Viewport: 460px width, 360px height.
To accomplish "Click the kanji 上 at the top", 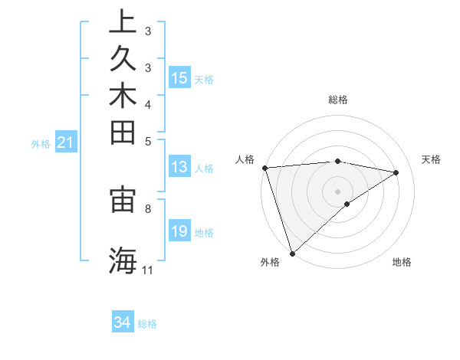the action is coord(123,21).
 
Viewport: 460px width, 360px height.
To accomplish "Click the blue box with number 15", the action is coord(179,77).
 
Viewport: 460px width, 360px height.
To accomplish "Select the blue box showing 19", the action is coord(179,232).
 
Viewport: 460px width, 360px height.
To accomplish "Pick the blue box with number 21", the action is coord(66,142).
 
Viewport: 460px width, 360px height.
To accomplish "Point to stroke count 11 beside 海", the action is coord(147,270).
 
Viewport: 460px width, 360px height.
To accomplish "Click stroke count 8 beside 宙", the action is coord(147,208).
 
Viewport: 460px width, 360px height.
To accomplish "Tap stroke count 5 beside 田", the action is coord(147,140).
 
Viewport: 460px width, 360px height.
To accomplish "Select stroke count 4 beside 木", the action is coord(147,103).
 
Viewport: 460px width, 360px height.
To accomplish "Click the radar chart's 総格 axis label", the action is coord(337,100).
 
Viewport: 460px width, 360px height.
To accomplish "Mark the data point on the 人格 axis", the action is coord(264,168).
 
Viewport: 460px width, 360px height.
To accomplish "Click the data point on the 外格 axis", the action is coord(292,253).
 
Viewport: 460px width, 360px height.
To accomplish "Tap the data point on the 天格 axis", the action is coord(396,172).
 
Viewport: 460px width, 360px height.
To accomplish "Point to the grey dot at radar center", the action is coord(337,191).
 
